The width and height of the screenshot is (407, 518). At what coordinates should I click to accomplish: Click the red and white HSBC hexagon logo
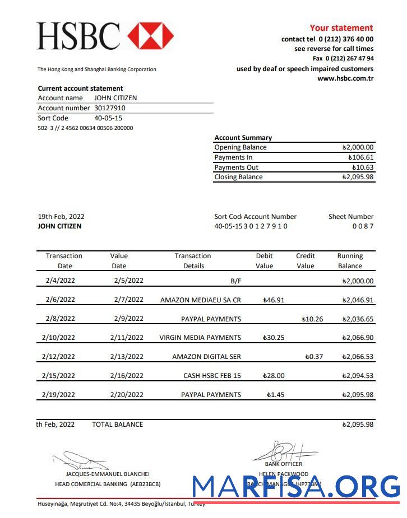[150, 36]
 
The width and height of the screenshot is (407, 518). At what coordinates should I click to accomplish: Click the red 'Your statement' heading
[341, 27]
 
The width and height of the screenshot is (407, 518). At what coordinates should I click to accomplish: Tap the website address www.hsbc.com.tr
[345, 78]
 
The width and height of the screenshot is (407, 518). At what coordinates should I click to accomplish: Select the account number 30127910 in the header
[110, 108]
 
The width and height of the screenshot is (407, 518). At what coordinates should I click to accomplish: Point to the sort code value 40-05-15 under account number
[108, 118]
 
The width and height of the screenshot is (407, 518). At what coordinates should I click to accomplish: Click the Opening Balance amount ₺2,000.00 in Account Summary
[358, 147]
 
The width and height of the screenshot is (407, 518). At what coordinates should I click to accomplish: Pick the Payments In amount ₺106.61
[360, 157]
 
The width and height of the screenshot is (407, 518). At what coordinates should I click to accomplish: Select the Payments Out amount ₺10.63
[362, 167]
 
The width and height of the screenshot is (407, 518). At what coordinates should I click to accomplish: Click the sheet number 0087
[363, 226]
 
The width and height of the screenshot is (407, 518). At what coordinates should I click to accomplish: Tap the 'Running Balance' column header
[350, 261]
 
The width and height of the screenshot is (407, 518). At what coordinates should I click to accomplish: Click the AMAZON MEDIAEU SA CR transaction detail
[200, 300]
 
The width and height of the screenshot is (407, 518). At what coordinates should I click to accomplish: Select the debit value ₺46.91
[274, 300]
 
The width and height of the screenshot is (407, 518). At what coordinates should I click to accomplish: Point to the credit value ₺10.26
[312, 319]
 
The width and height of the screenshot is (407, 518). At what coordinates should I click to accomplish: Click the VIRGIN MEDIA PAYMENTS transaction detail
[200, 338]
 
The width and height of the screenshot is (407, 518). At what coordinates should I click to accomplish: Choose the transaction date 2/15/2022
[58, 376]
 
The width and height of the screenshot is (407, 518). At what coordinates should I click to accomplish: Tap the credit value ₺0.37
[314, 357]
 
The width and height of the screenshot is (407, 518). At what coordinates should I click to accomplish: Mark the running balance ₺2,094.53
[358, 376]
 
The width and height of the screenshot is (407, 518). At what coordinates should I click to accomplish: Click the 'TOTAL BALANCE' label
[117, 424]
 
